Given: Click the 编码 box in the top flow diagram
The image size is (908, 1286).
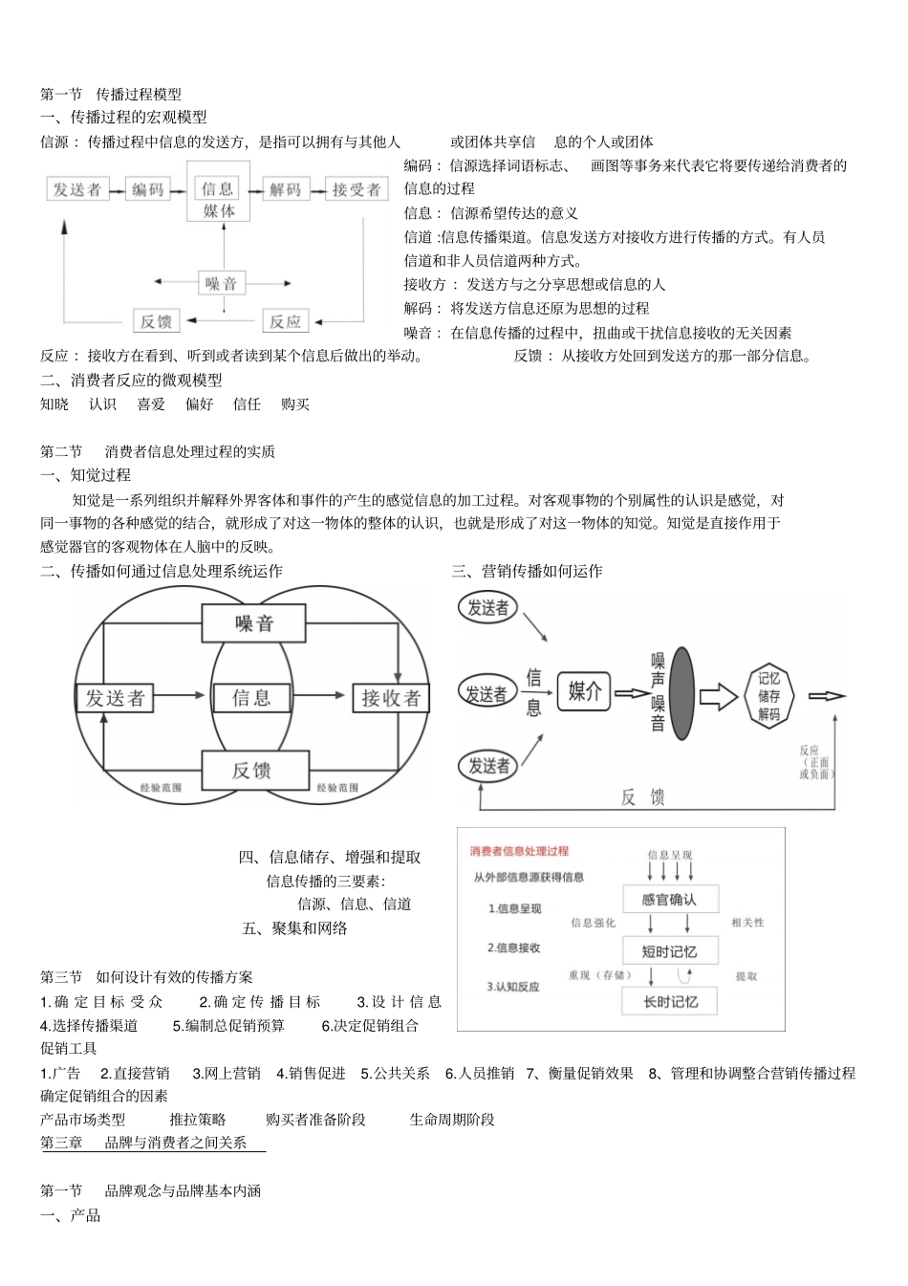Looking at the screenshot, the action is (148, 189).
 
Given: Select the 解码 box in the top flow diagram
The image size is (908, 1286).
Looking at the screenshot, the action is (285, 189).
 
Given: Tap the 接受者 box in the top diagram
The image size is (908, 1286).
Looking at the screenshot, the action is (356, 189).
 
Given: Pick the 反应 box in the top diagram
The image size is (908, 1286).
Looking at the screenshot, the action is (285, 321).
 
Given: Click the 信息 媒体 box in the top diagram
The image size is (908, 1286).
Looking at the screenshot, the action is (219, 199).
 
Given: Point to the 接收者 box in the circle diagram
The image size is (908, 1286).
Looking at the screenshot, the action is (391, 698).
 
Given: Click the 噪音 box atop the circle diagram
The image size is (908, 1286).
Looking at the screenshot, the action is (253, 624).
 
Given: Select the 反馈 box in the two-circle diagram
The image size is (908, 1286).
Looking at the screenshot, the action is (253, 770).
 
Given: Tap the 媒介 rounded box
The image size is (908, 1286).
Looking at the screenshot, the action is (584, 691).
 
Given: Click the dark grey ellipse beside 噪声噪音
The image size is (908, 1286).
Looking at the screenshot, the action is (681, 693).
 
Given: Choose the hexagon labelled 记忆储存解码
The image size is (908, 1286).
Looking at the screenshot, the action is (768, 696).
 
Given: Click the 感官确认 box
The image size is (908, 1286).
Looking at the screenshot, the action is (669, 900).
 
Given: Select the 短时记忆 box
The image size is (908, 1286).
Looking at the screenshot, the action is (669, 951).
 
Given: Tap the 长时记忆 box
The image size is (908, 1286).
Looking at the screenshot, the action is (669, 1002).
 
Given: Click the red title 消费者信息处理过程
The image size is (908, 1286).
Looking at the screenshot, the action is (519, 851).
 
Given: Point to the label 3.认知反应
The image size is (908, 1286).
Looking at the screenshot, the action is (513, 987).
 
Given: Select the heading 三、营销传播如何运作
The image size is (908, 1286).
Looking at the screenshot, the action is (527, 571).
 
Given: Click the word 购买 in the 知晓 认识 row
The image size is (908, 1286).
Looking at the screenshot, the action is (295, 404).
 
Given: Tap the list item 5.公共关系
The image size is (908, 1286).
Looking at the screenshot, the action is (395, 1073).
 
